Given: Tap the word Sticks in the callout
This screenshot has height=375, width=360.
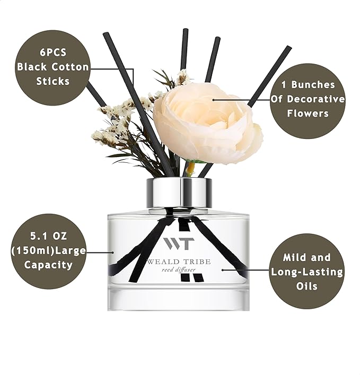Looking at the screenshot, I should point(53,81).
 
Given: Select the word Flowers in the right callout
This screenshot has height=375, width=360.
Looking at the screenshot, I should point(308,112).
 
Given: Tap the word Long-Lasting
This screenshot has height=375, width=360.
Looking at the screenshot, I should point(307,272).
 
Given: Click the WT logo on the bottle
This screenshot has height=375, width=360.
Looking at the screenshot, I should point(179,243).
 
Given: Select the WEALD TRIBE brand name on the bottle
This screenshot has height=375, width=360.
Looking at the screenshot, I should point(179,261).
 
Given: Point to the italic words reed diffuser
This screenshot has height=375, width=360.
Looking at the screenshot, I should point(179,271).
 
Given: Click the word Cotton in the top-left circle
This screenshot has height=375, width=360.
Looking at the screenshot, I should point(72,67).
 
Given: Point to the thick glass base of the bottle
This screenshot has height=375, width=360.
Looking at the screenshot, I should point(179,300).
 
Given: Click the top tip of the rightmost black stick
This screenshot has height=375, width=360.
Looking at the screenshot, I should point(289,48).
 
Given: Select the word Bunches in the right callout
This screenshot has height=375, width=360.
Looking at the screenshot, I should point(315,85).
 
